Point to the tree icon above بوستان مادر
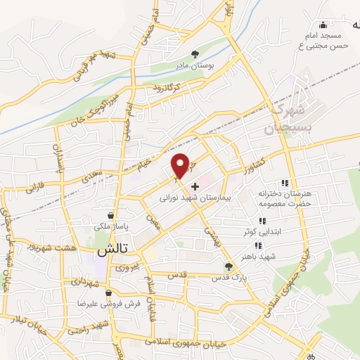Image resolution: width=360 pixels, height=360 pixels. pos(195,53)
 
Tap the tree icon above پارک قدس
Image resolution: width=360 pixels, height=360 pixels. pos(227,266)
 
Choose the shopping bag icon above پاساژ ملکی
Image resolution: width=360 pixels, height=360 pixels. pos(110,216)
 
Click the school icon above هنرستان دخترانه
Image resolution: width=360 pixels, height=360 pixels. pos(284,182)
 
